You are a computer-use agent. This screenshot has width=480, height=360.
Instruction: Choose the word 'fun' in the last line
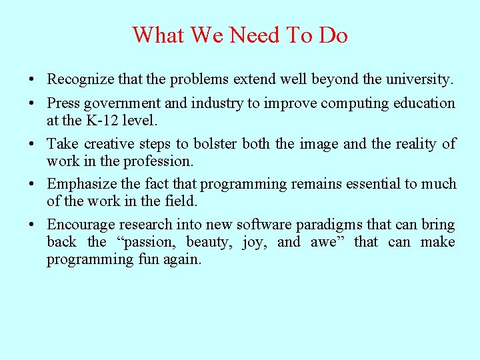coord(146,259)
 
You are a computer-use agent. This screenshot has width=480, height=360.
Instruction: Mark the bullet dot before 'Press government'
coord(32,104)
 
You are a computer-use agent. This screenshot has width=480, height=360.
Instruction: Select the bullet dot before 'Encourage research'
coord(32,225)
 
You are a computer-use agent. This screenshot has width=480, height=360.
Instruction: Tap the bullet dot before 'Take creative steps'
coord(32,144)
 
